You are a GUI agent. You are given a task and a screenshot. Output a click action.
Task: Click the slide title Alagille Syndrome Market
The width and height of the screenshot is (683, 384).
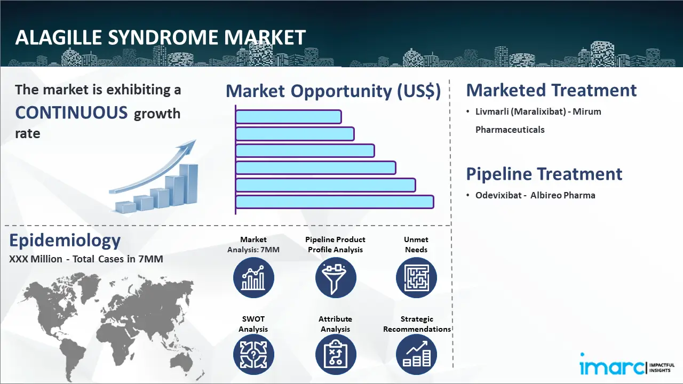coord(161,37)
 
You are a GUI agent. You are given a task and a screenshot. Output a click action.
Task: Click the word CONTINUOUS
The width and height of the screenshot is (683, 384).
coord(72,113)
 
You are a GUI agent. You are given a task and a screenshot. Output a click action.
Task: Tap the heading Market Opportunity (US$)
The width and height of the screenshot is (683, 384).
coord(333,91)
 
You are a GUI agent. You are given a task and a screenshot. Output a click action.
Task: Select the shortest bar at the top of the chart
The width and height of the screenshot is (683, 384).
coord(288,117)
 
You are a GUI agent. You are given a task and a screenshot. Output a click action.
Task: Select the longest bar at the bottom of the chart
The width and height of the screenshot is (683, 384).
coord(335,202)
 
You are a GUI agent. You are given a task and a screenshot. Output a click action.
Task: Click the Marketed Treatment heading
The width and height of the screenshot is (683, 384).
coord(551,90)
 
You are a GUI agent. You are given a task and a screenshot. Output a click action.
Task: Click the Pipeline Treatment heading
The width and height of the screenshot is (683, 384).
coord(544,174)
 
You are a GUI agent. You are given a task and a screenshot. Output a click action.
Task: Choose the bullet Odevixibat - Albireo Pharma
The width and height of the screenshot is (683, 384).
coord(535,195)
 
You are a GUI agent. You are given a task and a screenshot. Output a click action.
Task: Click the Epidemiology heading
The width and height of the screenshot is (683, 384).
coord(65,241)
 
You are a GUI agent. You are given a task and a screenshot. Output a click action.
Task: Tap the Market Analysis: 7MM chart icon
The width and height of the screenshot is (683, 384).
coord(253,278)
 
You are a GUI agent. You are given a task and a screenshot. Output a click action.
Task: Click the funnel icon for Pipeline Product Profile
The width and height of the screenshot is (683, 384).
coord(335,278)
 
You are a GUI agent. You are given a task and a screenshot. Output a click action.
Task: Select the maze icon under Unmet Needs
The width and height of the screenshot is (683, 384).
coord(416,278)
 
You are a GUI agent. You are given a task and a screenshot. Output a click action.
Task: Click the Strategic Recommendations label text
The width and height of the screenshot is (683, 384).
coord(417,324)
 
